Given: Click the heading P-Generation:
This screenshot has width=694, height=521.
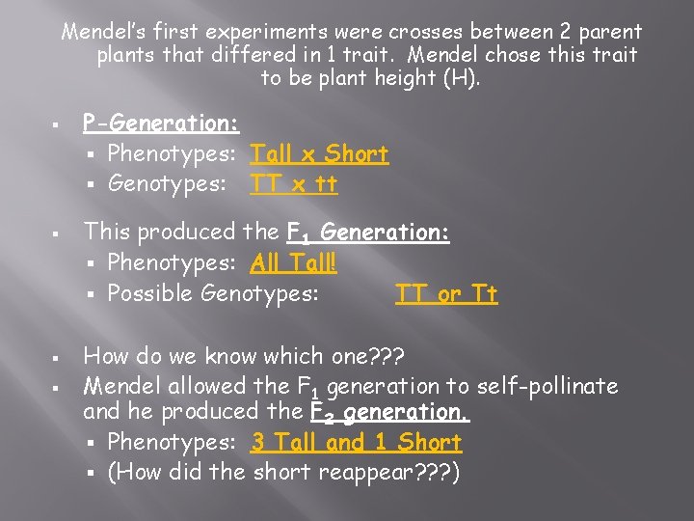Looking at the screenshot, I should click(x=161, y=123).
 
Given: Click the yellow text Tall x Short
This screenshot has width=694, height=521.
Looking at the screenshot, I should click(x=319, y=153).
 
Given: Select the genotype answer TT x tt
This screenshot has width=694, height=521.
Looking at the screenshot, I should click(x=294, y=182).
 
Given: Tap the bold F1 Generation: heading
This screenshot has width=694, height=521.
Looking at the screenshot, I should click(x=368, y=233).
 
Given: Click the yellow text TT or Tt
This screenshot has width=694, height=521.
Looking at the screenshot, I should click(x=446, y=293).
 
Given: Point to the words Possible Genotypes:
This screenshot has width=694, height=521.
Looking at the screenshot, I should click(x=212, y=293).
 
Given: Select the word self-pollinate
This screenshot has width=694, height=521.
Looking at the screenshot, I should click(x=545, y=387).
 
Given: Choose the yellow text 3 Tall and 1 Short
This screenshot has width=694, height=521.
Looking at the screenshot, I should click(x=356, y=443).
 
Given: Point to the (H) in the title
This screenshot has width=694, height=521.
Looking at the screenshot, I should click(x=461, y=77).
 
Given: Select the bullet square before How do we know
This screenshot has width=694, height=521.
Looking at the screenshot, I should click(x=60, y=357).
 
